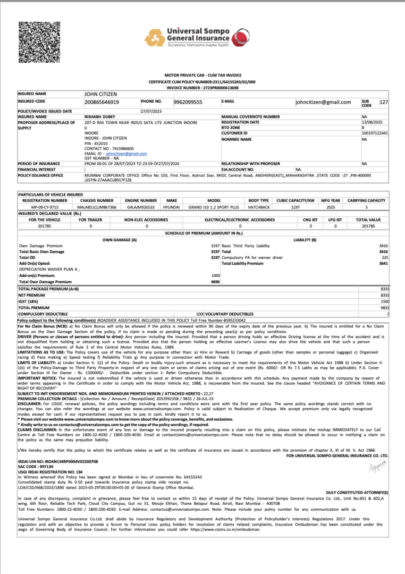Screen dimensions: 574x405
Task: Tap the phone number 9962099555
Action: (188, 102)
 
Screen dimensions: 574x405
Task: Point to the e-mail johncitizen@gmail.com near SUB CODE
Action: (323, 102)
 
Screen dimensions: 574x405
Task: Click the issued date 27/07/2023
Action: (151, 111)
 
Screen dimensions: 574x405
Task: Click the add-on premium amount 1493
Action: (215, 275)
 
